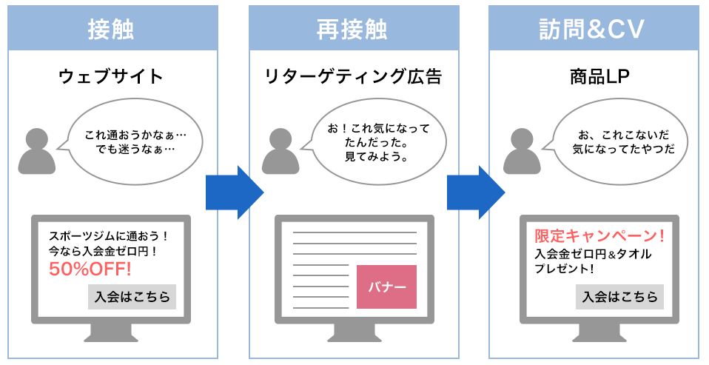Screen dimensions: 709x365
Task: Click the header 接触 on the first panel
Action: (x=111, y=30)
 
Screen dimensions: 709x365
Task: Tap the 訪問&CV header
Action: (x=592, y=30)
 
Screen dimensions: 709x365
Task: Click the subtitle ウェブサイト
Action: (x=111, y=76)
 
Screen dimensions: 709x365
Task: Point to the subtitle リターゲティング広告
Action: (x=353, y=76)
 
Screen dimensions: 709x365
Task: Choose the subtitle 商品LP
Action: (x=599, y=76)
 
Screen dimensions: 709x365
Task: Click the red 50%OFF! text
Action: (x=90, y=269)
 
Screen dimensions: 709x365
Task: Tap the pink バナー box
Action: (x=386, y=287)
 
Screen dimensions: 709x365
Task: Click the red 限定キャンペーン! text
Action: (x=599, y=235)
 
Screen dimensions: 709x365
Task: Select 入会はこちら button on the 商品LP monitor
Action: (x=619, y=297)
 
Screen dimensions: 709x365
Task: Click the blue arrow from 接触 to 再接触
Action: (x=235, y=192)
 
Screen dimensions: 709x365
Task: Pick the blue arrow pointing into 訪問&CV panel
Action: (x=476, y=192)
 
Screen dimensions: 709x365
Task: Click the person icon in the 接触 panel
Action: (x=37, y=151)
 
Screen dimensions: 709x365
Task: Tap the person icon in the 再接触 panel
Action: (x=280, y=151)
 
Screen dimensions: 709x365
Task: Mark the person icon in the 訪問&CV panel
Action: (x=522, y=151)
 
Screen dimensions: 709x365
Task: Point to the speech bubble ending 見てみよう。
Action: (x=378, y=141)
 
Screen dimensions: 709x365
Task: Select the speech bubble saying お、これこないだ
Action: (x=619, y=141)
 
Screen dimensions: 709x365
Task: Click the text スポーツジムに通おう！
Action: (x=109, y=236)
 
